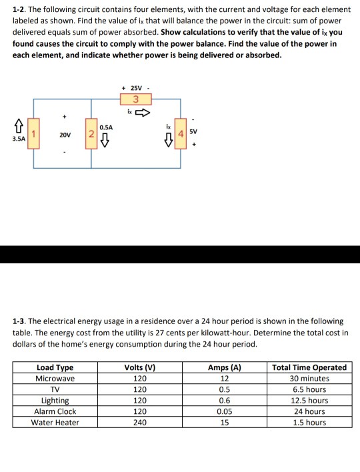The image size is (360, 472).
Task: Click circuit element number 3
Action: point(136,100)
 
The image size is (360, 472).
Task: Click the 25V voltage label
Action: point(136,87)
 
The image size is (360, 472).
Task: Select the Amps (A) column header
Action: point(224,367)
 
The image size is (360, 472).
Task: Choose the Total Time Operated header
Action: point(309,367)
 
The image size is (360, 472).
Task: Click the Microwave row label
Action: point(55,379)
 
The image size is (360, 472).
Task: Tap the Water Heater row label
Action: point(55,423)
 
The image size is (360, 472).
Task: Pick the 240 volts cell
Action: point(140,423)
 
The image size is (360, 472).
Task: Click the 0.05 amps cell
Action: point(224,411)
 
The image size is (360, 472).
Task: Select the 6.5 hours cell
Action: point(309,389)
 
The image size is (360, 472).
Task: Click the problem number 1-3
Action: point(21,321)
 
